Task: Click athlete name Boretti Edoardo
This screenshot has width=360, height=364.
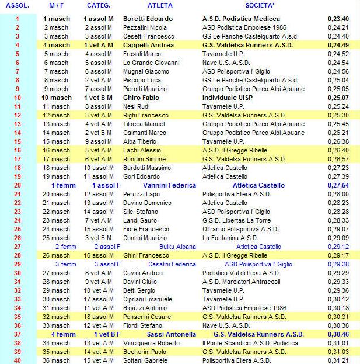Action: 148,19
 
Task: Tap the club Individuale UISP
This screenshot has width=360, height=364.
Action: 229,98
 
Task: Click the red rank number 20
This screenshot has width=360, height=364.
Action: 17,185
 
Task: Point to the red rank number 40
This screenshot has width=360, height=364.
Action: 17,360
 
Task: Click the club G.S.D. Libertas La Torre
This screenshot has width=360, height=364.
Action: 236,220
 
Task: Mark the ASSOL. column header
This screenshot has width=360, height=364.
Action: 17,5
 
